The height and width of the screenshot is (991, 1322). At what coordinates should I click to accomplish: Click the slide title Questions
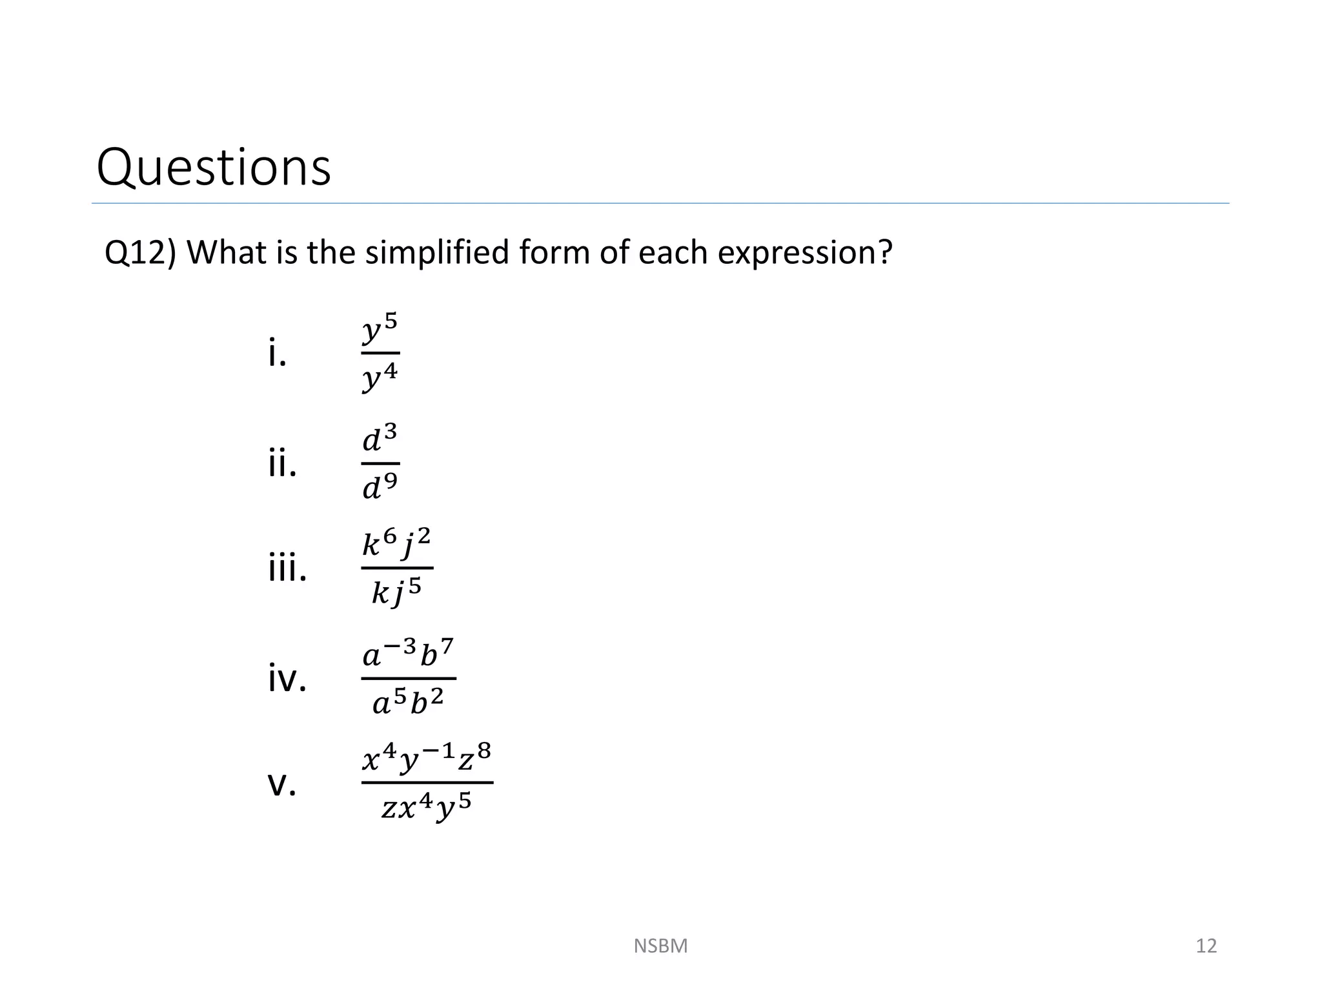click(x=213, y=168)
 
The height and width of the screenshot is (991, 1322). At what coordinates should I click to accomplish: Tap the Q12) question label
click(x=139, y=252)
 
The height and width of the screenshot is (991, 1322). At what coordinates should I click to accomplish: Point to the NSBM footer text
click(x=660, y=946)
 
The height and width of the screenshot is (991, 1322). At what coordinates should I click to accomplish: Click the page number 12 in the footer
click(x=1206, y=946)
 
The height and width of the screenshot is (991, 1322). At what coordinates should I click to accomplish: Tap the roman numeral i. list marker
click(x=277, y=354)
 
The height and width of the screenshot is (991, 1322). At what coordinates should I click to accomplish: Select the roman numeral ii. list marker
click(x=282, y=463)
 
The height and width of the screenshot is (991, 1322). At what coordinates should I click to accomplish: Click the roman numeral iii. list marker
click(x=287, y=568)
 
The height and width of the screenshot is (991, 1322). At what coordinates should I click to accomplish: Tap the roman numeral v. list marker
click(x=282, y=785)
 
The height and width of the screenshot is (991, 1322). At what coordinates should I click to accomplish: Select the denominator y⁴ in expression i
click(x=380, y=377)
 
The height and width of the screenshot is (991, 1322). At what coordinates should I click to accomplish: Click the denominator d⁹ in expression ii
click(x=380, y=487)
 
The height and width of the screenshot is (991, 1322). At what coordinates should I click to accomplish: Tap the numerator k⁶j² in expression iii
click(x=396, y=543)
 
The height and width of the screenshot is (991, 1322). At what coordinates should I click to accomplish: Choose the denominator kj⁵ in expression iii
click(x=396, y=591)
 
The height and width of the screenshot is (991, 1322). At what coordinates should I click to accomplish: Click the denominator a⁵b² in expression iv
click(x=408, y=702)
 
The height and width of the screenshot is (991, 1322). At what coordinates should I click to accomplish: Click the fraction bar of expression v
click(x=427, y=783)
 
